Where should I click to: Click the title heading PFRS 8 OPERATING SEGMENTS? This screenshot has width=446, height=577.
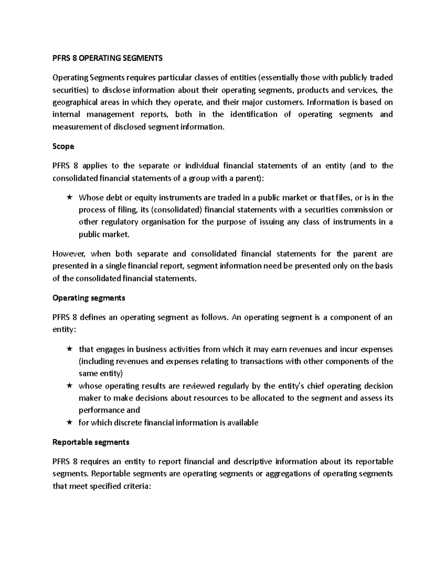(x=107, y=58)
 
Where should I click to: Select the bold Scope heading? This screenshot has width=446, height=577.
(x=63, y=146)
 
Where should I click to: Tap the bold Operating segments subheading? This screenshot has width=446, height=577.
(x=89, y=298)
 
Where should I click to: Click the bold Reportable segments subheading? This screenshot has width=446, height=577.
(x=91, y=442)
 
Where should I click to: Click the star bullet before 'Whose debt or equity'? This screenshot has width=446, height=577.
(x=69, y=197)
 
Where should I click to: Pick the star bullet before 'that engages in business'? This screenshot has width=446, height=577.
(x=69, y=349)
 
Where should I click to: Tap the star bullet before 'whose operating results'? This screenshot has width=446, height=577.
(x=69, y=386)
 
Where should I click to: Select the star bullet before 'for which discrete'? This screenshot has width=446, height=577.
(x=69, y=422)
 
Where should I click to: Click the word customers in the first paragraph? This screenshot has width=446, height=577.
(x=287, y=102)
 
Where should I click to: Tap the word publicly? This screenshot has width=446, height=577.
(x=353, y=78)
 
